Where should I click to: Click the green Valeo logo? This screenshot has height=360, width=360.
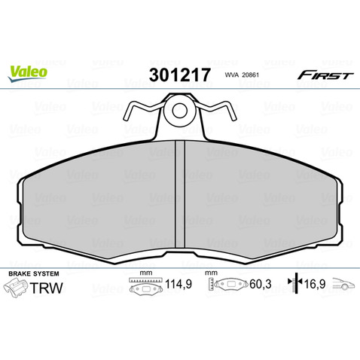point(28,72)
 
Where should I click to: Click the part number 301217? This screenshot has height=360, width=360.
point(179,75)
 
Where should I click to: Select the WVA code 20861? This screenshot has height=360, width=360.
point(250,75)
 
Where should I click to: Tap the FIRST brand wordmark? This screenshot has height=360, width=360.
point(325,75)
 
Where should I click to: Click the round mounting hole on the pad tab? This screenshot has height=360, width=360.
point(179,111)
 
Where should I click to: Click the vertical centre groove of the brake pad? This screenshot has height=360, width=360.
point(180,194)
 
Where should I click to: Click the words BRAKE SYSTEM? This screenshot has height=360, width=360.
point(34,273)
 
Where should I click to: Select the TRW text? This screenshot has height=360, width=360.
point(47,288)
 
